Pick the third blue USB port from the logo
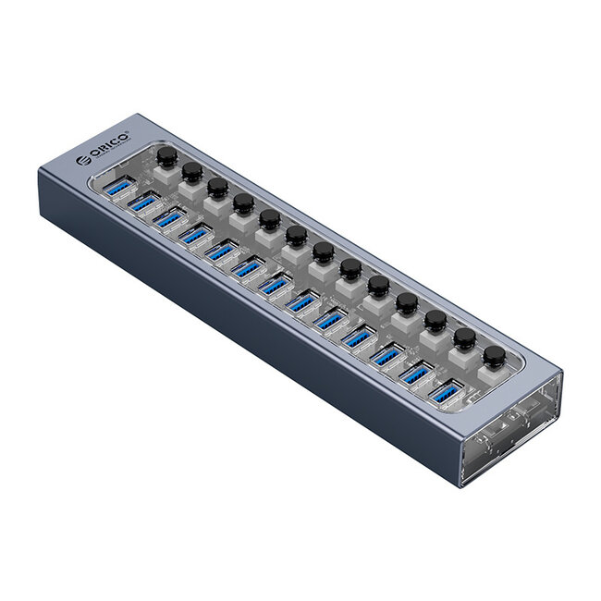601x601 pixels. click(170, 220)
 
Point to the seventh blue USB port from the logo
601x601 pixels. click(276, 285)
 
